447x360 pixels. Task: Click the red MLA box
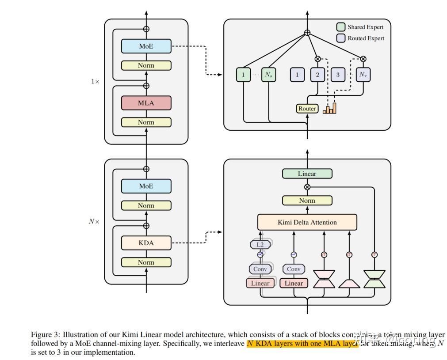(x=146, y=103)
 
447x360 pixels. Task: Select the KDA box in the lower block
(x=146, y=243)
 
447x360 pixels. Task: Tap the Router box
(x=307, y=108)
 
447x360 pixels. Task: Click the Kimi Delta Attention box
(x=307, y=222)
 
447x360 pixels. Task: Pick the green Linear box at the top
(x=307, y=174)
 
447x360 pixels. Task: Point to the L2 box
(x=260, y=244)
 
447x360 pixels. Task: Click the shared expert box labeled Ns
(x=269, y=75)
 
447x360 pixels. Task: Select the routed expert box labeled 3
(x=338, y=75)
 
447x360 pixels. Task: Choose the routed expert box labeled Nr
(x=363, y=75)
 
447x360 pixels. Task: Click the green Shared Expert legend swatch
(x=341, y=27)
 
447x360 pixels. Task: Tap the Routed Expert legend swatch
(x=341, y=38)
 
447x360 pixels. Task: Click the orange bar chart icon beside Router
(x=329, y=108)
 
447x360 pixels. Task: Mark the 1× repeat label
(x=95, y=81)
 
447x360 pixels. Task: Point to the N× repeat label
(x=94, y=221)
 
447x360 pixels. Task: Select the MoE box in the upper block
(x=146, y=46)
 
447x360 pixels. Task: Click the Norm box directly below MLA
(x=146, y=122)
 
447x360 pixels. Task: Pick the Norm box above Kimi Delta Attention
(x=307, y=201)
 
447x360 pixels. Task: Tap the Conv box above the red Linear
(x=294, y=269)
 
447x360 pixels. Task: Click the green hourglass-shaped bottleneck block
(x=374, y=279)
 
